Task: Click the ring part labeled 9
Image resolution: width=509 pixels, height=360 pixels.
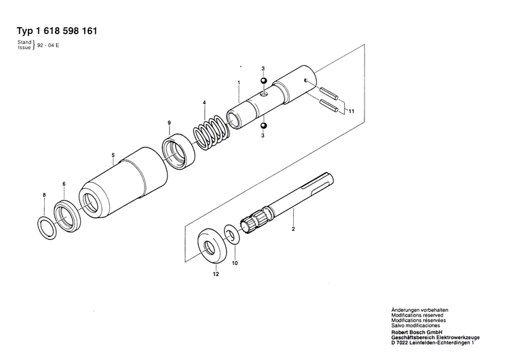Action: tap(179, 150)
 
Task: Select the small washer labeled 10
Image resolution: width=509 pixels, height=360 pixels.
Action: tap(231, 236)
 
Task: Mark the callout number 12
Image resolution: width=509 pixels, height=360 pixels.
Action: tap(216, 274)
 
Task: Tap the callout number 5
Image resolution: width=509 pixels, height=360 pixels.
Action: tap(113, 154)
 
